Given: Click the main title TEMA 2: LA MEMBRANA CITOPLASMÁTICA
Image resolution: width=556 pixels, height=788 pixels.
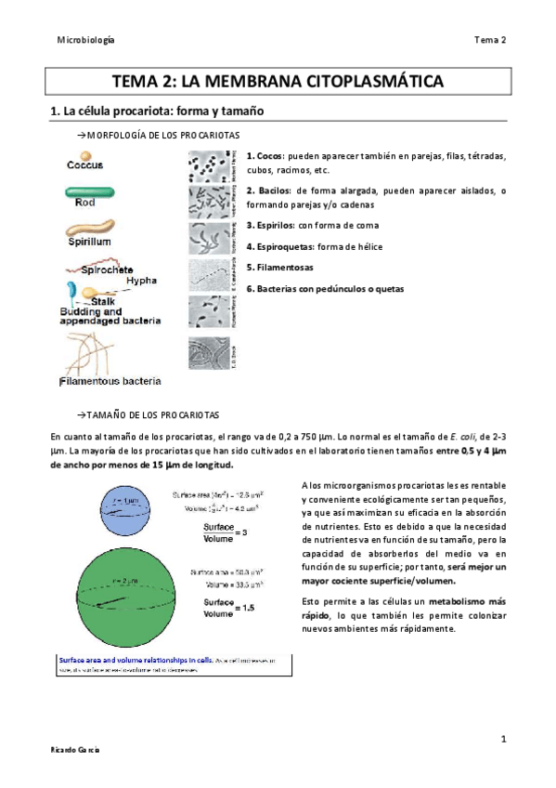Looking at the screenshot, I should pyautogui.click(x=278, y=81).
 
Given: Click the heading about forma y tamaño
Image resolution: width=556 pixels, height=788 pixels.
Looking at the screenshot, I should pyautogui.click(x=157, y=112).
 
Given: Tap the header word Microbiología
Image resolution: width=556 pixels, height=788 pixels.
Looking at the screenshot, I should pyautogui.click(x=85, y=40).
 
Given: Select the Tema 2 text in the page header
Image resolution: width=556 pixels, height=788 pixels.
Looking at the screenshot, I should pyautogui.click(x=489, y=40).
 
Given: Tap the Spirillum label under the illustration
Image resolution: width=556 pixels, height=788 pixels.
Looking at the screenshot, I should pyautogui.click(x=91, y=241).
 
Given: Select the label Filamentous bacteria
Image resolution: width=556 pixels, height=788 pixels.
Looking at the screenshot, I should pyautogui.click(x=110, y=380).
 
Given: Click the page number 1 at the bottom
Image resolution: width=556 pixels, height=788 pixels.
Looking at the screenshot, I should pyautogui.click(x=502, y=739).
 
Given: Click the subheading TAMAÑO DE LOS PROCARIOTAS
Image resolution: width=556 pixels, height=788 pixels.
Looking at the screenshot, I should pyautogui.click(x=152, y=412).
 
